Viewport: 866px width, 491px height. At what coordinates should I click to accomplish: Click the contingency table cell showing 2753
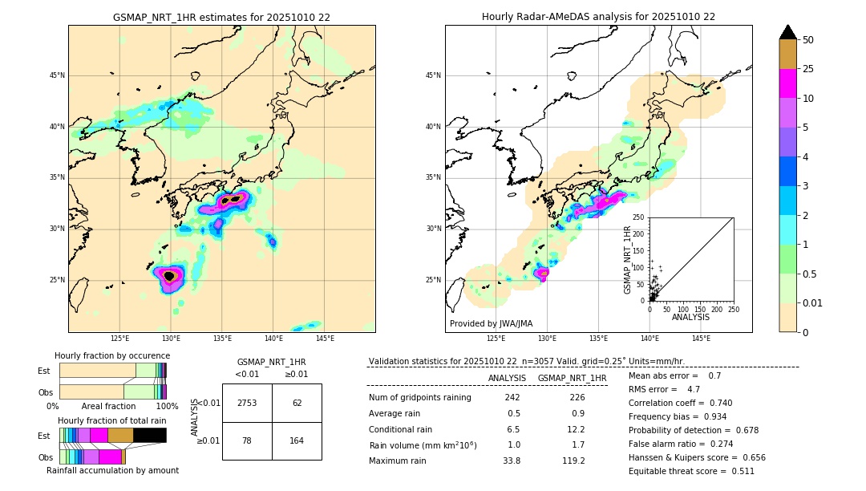[247, 403]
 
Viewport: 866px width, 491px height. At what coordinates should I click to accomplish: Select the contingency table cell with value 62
[297, 403]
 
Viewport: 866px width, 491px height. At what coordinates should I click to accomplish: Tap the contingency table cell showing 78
[247, 440]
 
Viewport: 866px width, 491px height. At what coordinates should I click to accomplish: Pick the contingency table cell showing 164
[297, 440]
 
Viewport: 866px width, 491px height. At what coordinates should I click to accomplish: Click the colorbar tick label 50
[808, 39]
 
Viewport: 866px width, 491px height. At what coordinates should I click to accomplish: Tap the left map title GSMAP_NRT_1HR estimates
[221, 17]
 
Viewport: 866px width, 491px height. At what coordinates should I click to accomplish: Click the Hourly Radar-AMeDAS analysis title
[598, 17]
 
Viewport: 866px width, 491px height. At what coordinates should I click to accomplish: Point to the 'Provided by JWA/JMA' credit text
[491, 323]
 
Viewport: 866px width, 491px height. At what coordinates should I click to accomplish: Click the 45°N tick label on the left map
[57, 75]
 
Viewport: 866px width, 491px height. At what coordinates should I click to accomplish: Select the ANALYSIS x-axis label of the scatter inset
[690, 317]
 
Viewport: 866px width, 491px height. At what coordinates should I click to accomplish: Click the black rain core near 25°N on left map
[169, 276]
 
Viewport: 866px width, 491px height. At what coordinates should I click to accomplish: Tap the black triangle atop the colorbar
[788, 32]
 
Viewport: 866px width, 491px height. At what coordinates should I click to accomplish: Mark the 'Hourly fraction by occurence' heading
[112, 355]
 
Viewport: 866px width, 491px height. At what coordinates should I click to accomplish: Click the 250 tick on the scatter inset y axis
[639, 217]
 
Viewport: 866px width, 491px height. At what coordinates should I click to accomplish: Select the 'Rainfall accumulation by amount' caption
[112, 470]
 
